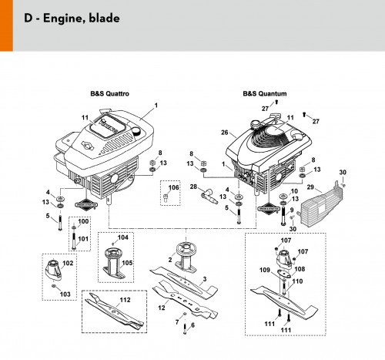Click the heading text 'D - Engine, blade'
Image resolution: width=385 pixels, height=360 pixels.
click(x=72, y=19)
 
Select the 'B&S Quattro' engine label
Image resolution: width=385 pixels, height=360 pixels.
click(x=109, y=93)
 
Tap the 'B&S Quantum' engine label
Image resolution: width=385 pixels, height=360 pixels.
click(x=265, y=93)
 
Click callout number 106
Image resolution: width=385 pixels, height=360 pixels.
click(x=173, y=187)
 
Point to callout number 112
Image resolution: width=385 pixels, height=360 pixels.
click(x=125, y=300)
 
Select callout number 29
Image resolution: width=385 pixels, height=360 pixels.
click(x=310, y=187)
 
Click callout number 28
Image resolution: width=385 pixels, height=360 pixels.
click(x=193, y=187)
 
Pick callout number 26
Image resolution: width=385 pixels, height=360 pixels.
click(x=224, y=133)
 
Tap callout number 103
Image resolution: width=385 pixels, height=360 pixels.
click(x=65, y=294)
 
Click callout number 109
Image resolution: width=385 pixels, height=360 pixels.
click(x=265, y=270)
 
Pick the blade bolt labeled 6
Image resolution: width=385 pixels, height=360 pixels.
click(x=185, y=329)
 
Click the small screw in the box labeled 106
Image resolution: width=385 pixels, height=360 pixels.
click(x=165, y=198)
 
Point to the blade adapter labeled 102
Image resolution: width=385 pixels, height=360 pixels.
click(x=54, y=269)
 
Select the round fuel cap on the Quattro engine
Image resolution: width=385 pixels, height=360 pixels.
click(x=136, y=133)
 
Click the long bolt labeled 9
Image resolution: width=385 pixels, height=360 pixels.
click(x=283, y=217)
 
